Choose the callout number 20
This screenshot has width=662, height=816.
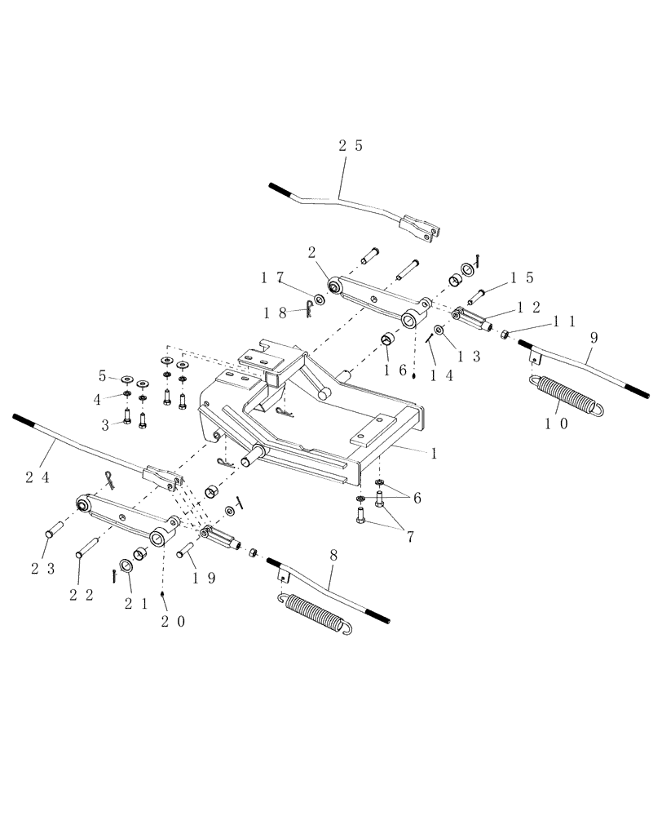pos(174,622)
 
